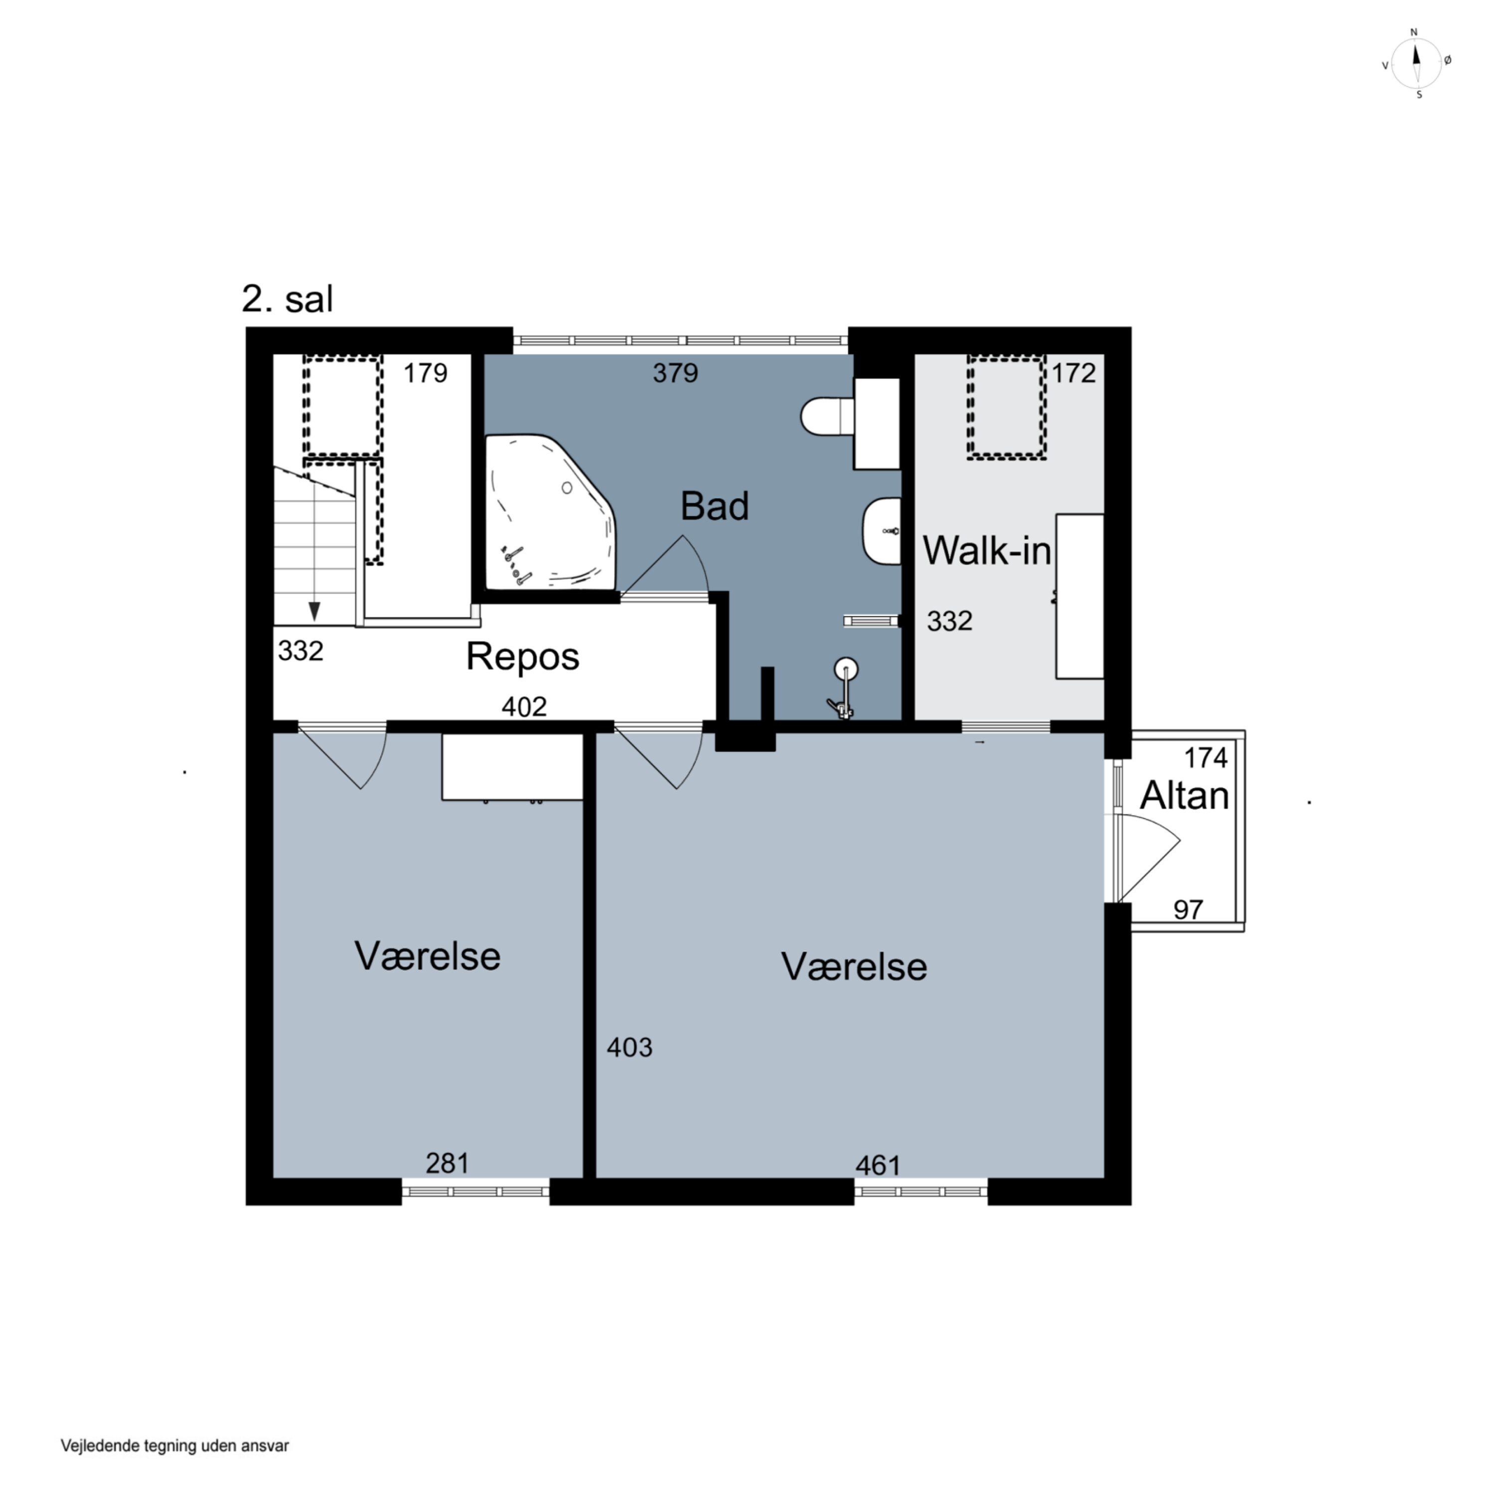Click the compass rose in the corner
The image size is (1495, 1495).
pos(1417,63)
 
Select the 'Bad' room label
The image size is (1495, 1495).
pos(714,506)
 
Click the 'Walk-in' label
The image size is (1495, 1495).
pos(987,551)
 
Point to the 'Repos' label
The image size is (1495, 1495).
pos(522,657)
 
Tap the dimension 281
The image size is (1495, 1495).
pos(448,1163)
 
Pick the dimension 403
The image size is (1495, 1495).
pos(629,1047)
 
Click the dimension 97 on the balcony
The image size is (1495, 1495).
pos(1188,909)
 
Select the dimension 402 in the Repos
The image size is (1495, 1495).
pos(524,707)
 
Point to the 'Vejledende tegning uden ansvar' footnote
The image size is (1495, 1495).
pos(175,1446)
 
